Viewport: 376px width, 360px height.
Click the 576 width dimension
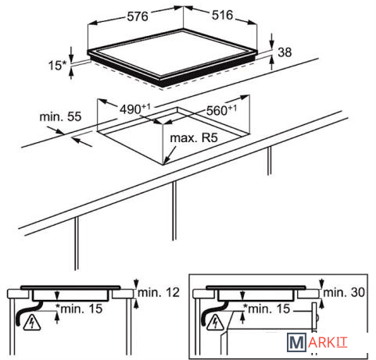(x=138, y=16)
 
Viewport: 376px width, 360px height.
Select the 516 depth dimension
(x=222, y=15)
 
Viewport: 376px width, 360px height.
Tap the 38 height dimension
(x=285, y=52)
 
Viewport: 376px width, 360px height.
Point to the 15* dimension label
(x=58, y=66)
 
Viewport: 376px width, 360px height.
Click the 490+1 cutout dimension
(x=135, y=109)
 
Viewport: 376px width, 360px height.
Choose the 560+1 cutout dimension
(x=221, y=110)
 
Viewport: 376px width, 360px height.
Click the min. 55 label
(x=60, y=116)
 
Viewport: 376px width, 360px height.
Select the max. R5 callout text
(x=194, y=137)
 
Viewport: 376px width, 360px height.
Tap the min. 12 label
(x=159, y=293)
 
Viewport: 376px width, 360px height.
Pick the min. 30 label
(x=344, y=293)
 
